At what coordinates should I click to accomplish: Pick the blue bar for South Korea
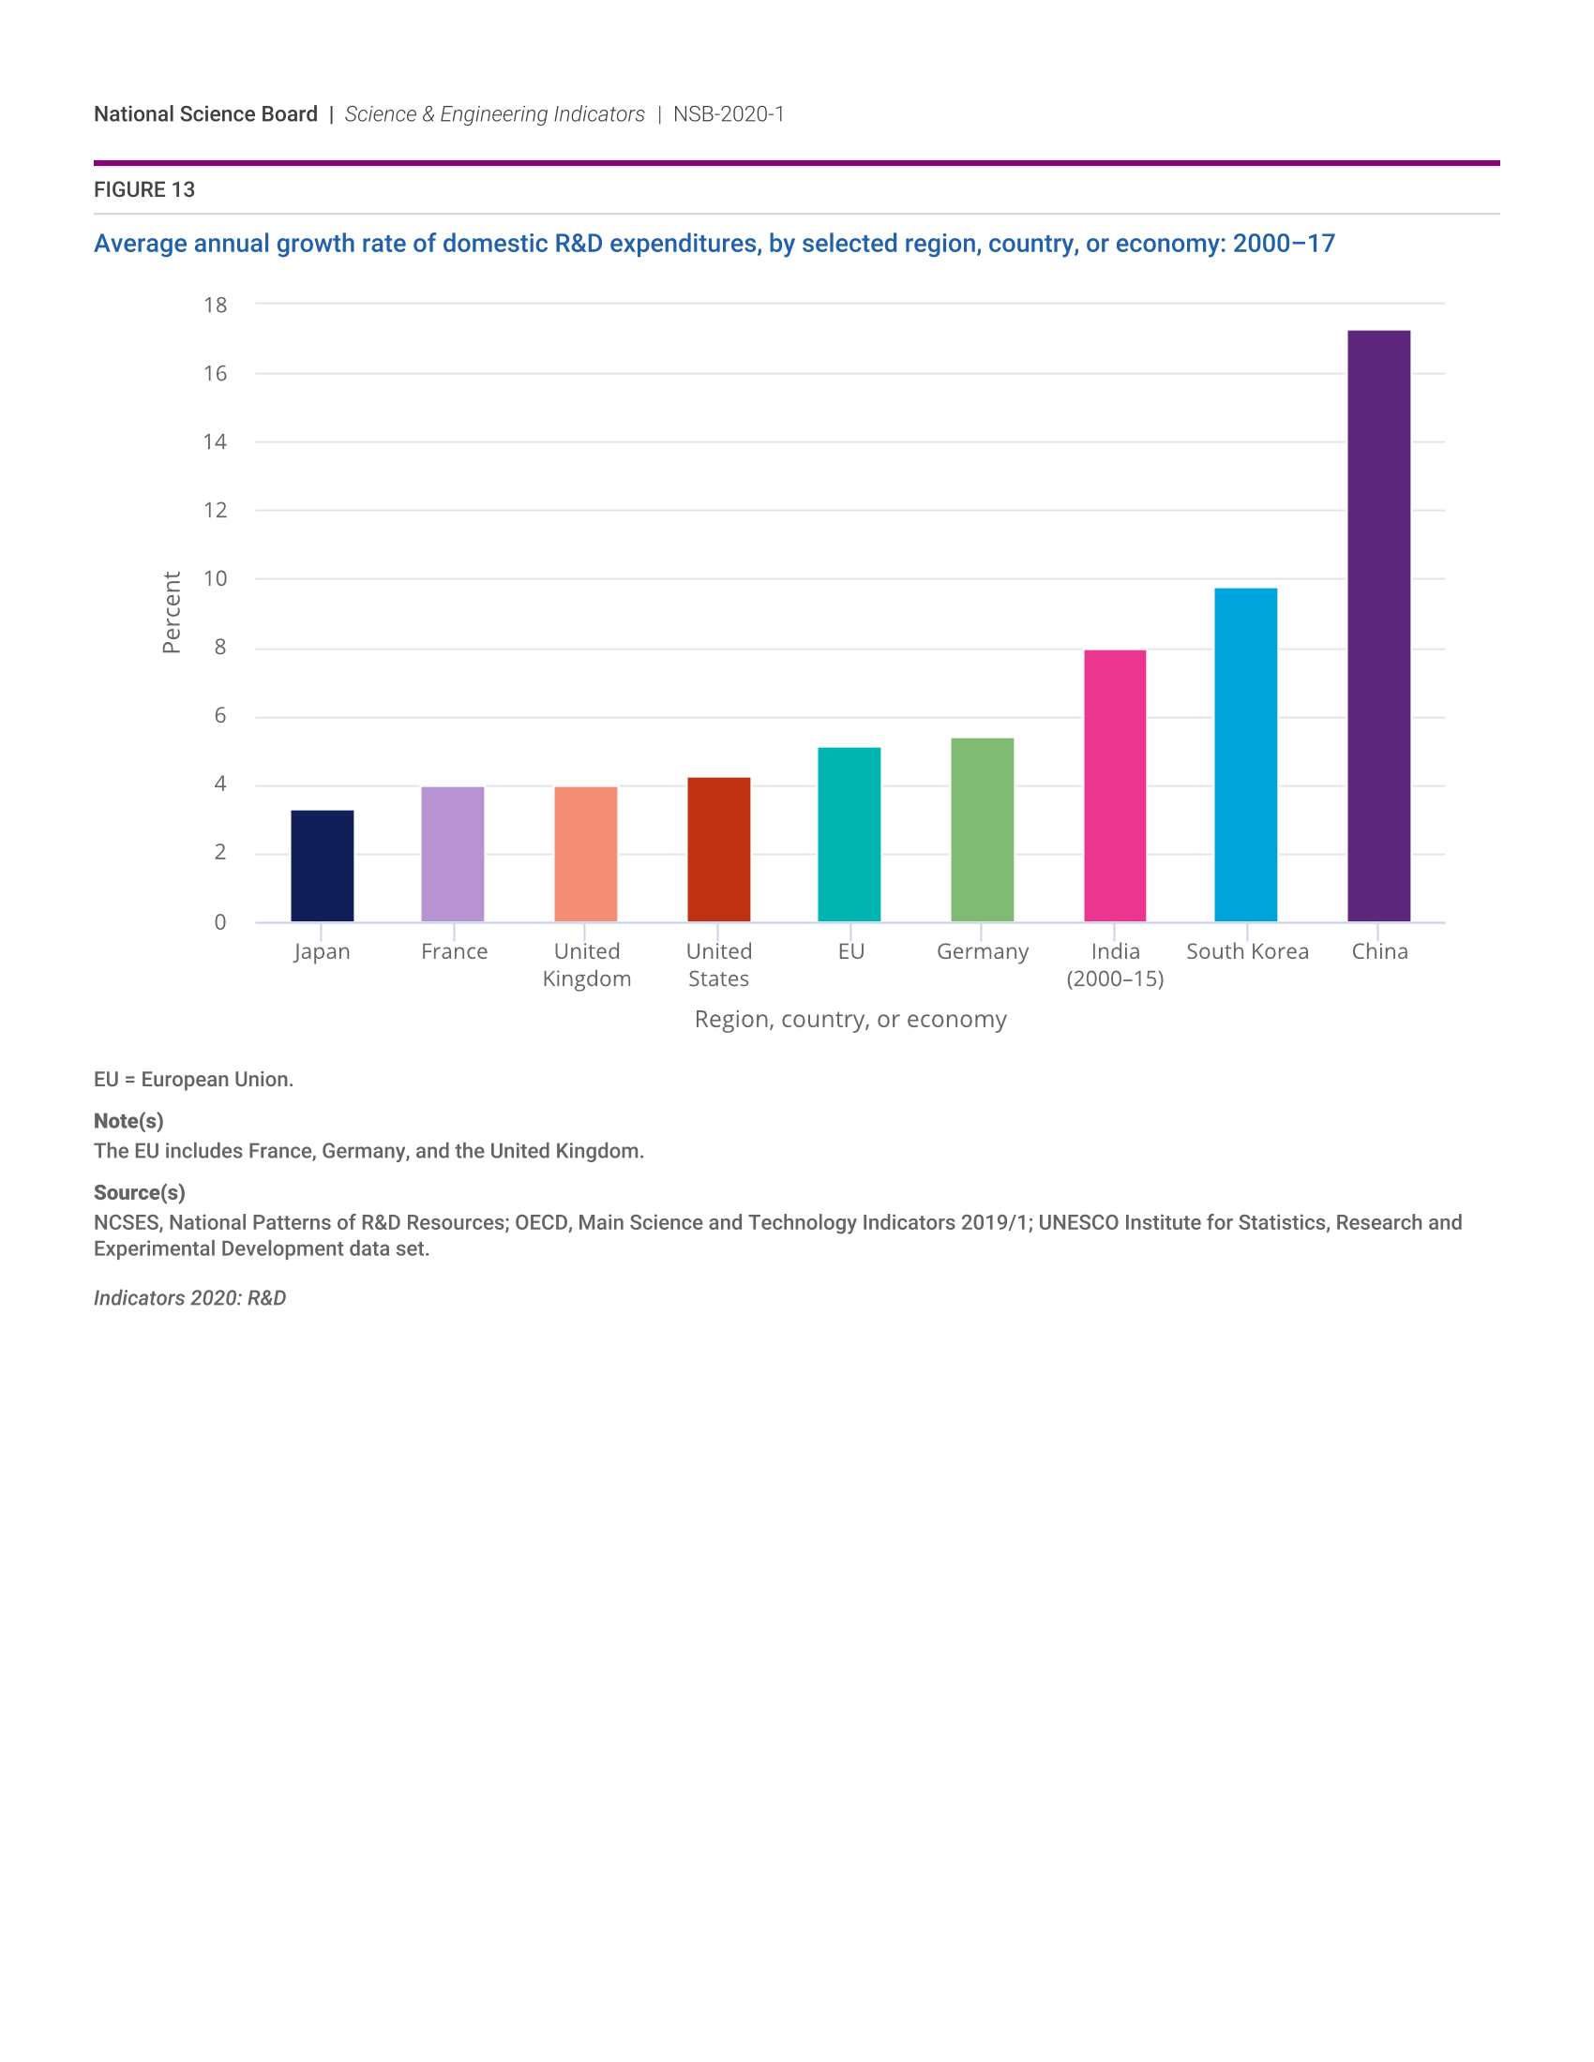(1245, 755)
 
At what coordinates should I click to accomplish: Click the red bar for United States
(718, 849)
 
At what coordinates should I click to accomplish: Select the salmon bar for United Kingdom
(585, 854)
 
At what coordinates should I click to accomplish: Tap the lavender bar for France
(452, 854)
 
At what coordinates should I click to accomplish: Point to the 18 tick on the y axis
(216, 305)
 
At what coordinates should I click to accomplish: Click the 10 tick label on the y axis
(216, 578)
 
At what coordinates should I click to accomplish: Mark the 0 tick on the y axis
(220, 922)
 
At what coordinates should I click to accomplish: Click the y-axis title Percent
(171, 612)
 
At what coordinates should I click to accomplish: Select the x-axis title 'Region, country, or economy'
(850, 1020)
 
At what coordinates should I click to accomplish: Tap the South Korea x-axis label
(1247, 951)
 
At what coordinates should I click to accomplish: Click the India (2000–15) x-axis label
(1115, 964)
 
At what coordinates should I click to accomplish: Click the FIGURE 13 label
(144, 189)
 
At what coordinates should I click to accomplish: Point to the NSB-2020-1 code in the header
(728, 114)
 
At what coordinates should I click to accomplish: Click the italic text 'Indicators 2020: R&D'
(189, 1298)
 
